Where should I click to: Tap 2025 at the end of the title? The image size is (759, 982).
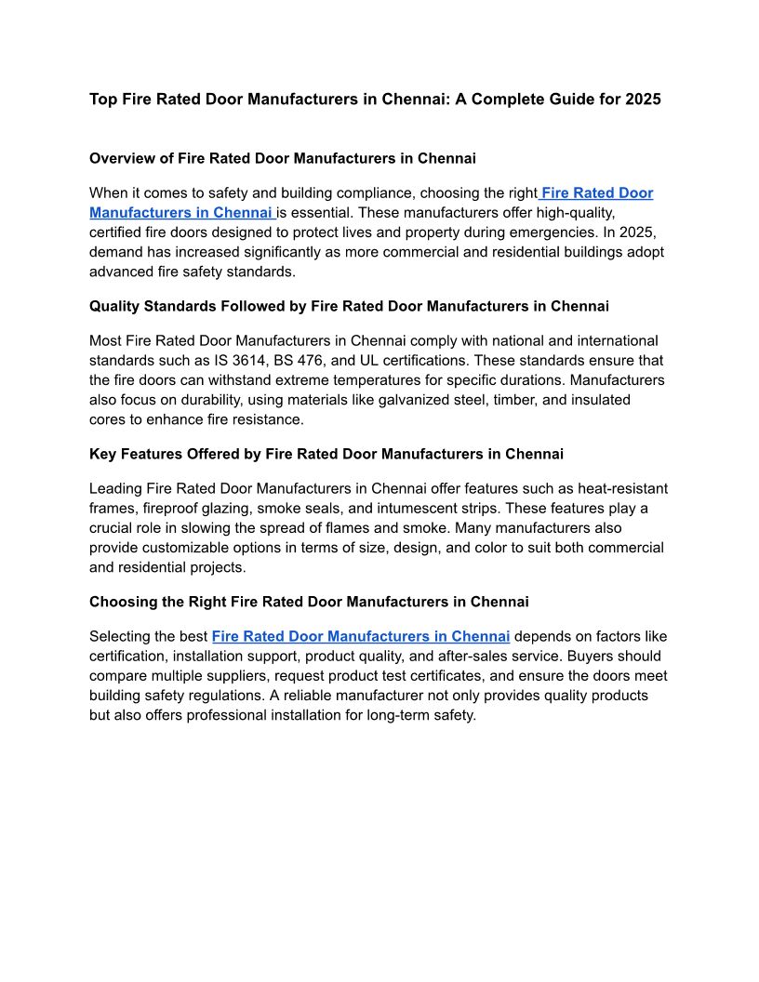click(643, 99)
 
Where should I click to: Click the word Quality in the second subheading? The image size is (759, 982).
click(114, 306)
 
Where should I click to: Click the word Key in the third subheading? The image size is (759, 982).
click(102, 454)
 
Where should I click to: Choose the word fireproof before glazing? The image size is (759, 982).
click(176, 508)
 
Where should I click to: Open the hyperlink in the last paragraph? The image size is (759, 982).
click(361, 637)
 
